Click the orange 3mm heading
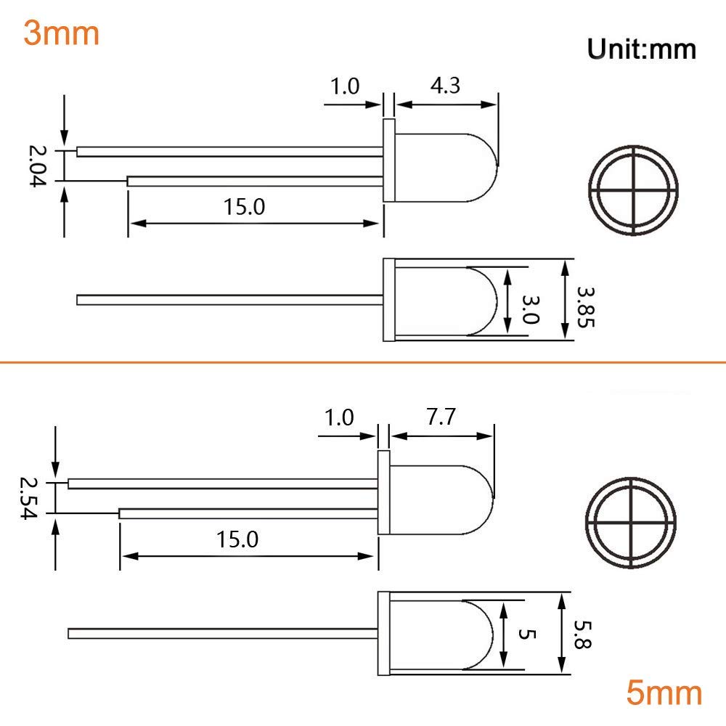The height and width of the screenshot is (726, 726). click(61, 33)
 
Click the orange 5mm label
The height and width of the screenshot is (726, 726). click(664, 694)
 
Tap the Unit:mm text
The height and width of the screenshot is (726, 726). click(641, 49)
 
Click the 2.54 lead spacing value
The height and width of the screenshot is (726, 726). click(28, 498)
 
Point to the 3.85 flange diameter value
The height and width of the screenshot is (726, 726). click(585, 306)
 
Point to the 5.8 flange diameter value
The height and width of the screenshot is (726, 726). click(582, 635)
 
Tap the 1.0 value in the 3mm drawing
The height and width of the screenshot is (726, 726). click(345, 87)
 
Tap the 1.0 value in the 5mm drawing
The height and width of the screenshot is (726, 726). click(339, 418)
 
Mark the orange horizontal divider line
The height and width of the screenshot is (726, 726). click(363, 361)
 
